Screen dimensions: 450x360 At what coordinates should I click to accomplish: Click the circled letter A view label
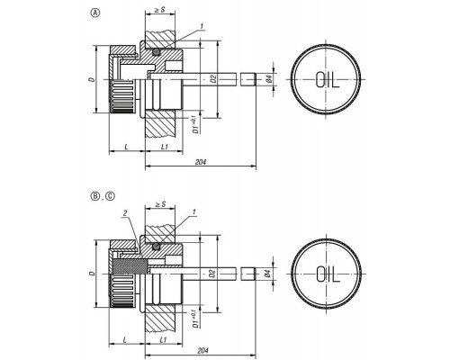[95, 13]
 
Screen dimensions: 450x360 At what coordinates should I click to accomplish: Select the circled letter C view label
[111, 196]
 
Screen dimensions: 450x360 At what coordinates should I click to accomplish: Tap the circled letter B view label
[95, 196]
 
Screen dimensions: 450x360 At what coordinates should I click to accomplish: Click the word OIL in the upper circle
[328, 80]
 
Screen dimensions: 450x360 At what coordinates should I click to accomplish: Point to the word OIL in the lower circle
[328, 274]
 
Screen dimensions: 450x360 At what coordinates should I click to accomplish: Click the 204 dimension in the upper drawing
[201, 162]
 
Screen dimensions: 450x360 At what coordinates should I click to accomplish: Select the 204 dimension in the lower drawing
[202, 350]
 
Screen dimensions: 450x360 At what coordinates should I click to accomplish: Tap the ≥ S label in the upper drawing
[160, 10]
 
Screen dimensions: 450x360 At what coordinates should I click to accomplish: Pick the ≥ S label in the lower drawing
[160, 204]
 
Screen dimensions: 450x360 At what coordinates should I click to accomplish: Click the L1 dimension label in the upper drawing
[164, 147]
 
